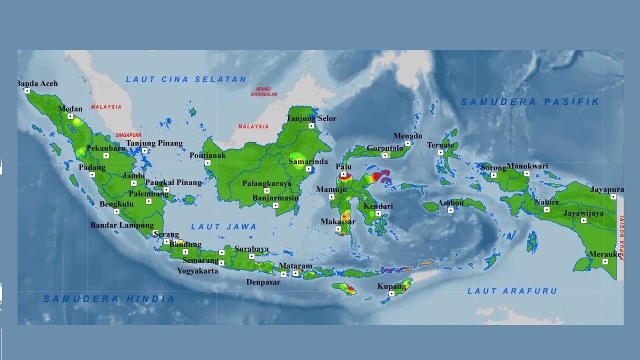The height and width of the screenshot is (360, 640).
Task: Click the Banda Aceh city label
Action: point(38,83)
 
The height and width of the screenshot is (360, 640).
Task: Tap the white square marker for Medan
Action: point(70,116)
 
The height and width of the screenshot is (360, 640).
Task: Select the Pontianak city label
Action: point(207,155)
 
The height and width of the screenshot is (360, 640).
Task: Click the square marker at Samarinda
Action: point(308,169)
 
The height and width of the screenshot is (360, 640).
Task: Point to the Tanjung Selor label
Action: point(311,118)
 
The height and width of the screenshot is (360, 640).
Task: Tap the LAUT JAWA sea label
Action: point(224,226)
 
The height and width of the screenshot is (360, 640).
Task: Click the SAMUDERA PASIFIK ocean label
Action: point(530,102)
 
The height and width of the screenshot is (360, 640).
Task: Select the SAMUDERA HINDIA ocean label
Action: point(109,299)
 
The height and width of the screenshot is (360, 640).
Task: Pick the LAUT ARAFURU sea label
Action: point(512,291)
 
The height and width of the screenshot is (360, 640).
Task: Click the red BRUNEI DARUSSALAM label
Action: point(263,91)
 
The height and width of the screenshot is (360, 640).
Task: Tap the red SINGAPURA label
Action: point(128,135)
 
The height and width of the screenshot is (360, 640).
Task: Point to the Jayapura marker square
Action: point(613,197)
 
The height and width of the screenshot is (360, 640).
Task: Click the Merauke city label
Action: point(604,254)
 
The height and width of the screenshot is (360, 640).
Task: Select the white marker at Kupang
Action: point(391,293)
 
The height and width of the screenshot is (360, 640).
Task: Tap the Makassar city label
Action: point(338,221)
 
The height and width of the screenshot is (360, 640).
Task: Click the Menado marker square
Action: point(407,143)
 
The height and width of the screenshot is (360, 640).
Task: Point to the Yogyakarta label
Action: point(197,271)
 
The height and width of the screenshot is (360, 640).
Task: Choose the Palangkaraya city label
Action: point(266,183)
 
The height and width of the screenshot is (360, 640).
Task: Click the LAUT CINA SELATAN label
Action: point(186,79)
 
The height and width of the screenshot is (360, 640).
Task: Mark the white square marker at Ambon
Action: point(450,210)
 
